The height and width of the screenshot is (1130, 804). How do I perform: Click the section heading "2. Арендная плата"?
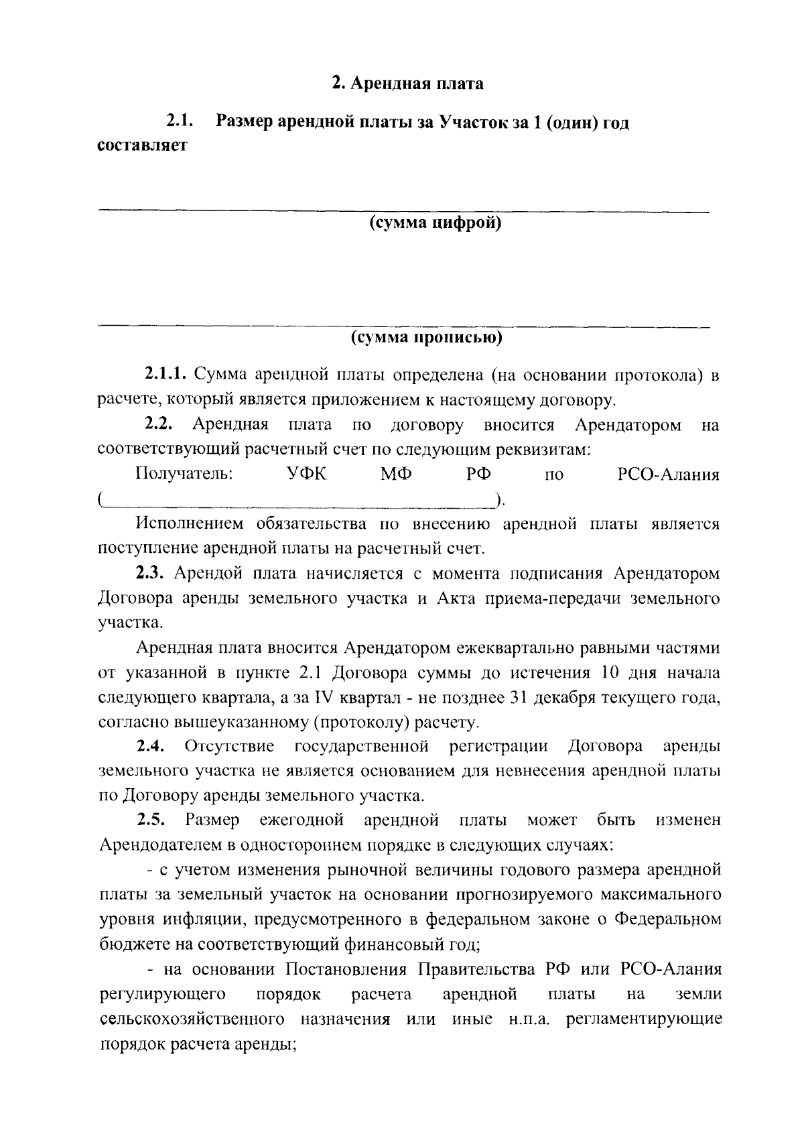(x=408, y=84)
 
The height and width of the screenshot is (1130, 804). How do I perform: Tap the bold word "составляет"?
(x=142, y=145)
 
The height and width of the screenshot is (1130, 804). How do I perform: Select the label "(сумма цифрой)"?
(x=435, y=223)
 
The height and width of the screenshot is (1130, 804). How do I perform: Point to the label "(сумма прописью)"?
(x=427, y=337)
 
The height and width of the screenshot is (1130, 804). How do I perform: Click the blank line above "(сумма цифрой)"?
(x=403, y=212)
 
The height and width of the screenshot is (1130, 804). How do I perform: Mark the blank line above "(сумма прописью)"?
(x=403, y=327)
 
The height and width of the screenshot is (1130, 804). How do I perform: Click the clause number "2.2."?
(x=159, y=425)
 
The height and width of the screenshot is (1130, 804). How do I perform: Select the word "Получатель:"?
(x=184, y=475)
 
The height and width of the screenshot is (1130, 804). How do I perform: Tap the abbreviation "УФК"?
(x=308, y=475)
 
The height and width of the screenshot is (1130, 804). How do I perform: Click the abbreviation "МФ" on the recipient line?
(x=397, y=475)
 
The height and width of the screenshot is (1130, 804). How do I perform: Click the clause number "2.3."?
(x=151, y=574)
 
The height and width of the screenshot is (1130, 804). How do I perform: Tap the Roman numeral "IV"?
(x=323, y=698)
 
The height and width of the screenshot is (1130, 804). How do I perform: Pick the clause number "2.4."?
(x=151, y=747)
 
